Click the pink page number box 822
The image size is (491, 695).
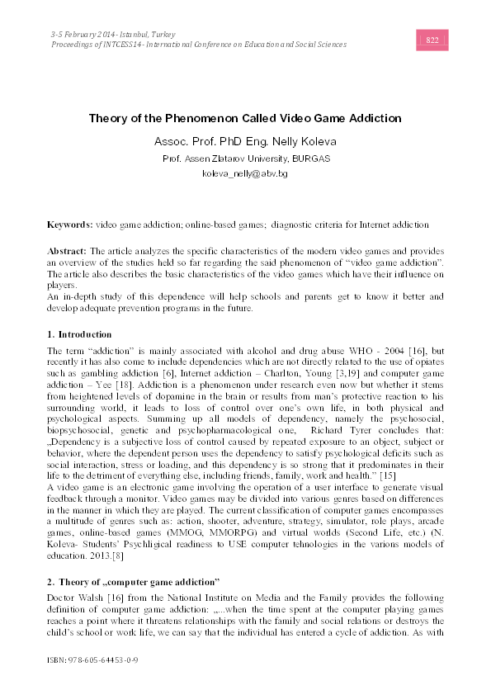(431, 40)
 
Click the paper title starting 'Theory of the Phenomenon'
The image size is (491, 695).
(245, 118)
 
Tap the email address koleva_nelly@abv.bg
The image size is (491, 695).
(245, 174)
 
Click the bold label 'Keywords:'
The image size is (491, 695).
(70, 225)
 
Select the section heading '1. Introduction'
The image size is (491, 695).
(79, 334)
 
